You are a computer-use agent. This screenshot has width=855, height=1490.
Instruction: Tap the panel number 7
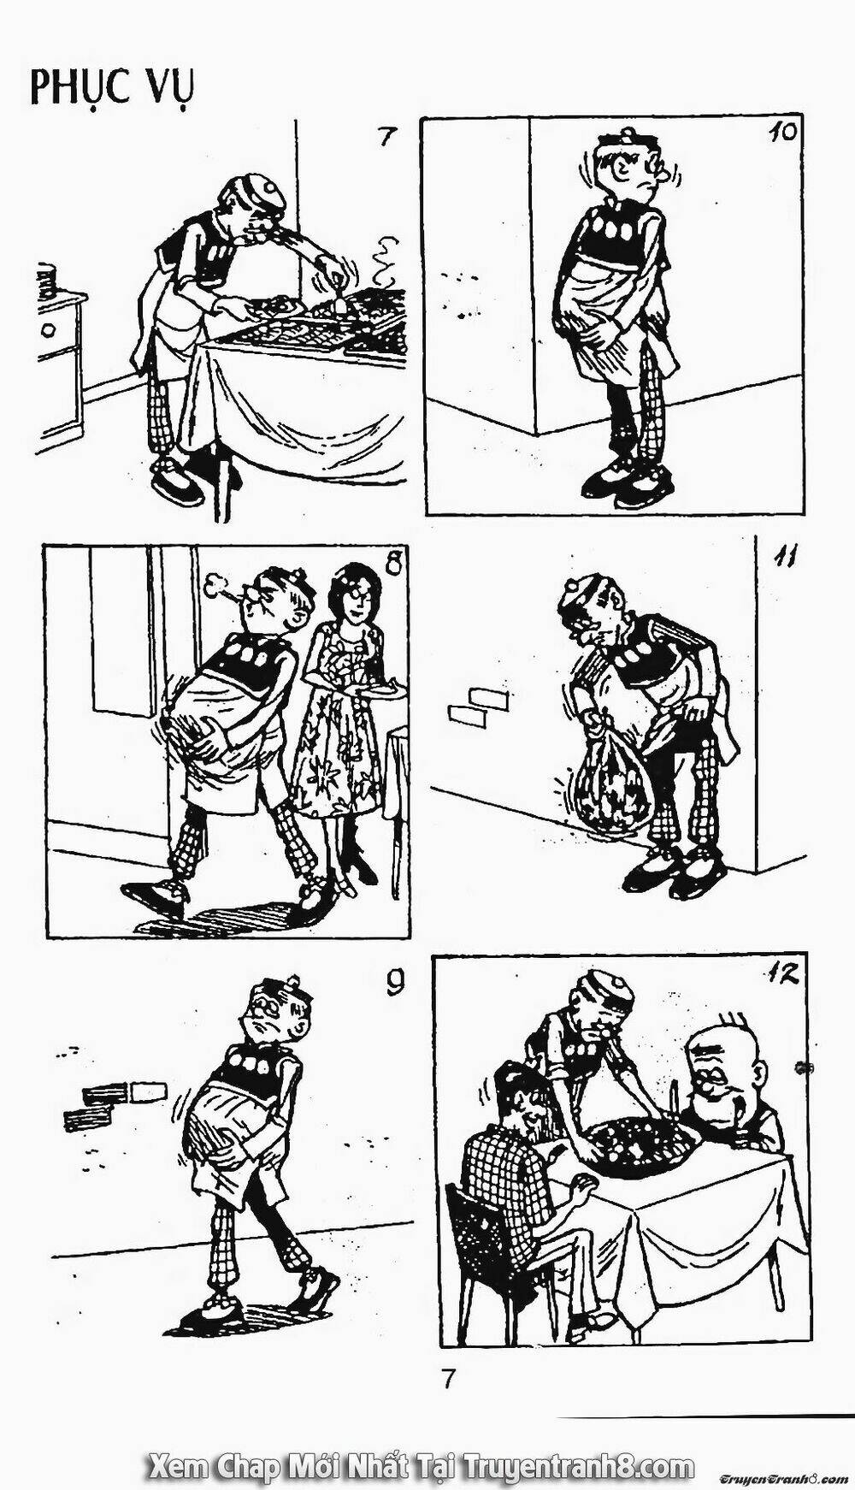pyautogui.click(x=388, y=136)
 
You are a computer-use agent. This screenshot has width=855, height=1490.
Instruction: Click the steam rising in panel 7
pyautogui.click(x=386, y=261)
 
